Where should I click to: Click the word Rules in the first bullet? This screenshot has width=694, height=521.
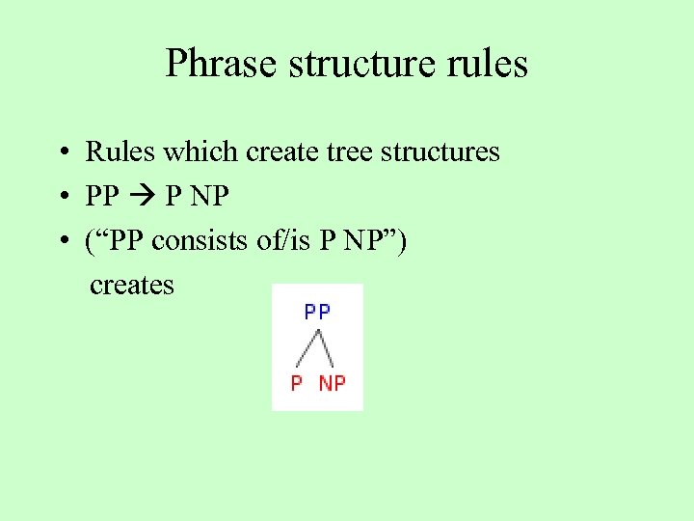click(x=120, y=151)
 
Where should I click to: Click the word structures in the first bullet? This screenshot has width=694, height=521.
click(x=431, y=151)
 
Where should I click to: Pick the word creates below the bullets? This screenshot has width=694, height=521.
click(x=132, y=286)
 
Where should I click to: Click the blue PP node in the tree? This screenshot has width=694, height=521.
click(x=317, y=312)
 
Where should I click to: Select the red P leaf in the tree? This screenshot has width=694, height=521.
click(x=297, y=383)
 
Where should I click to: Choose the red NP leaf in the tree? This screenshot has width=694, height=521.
click(x=332, y=383)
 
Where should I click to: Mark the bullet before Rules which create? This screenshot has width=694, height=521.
click(x=61, y=152)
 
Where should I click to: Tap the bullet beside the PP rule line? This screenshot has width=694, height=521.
click(x=61, y=197)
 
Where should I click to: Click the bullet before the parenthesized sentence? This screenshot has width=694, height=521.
click(x=61, y=241)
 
